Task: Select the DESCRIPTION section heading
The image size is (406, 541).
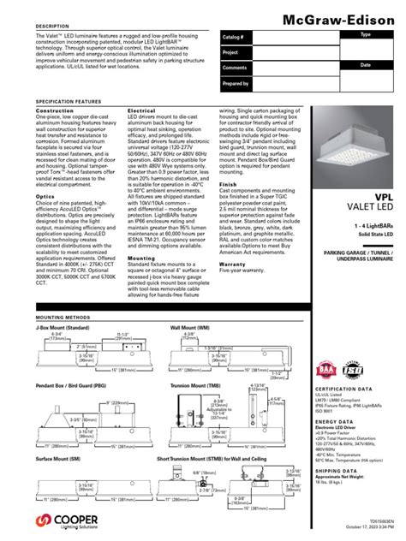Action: pyautogui.click(x=51, y=27)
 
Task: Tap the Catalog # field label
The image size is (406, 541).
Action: pyautogui.click(x=234, y=39)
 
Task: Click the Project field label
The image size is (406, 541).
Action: pyautogui.click(x=230, y=53)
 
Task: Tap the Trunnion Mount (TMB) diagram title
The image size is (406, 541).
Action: pyautogui.click(x=192, y=386)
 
